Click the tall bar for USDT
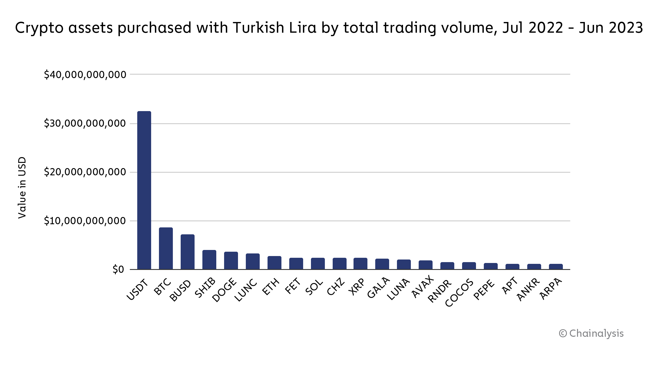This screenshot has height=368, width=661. point(144,190)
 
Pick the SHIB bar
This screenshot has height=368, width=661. point(209,260)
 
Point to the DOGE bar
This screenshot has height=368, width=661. point(231,260)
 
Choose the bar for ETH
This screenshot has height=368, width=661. point(274,263)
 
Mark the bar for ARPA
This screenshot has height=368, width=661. point(556,266)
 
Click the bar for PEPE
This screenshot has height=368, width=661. point(490,266)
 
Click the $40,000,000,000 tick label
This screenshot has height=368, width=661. point(85,75)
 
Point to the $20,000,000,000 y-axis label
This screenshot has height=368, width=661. point(85,172)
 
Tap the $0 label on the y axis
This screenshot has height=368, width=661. point(118,270)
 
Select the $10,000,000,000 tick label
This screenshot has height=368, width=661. point(85,221)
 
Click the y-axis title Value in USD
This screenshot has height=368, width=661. point(22,188)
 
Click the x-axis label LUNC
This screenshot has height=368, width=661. point(246,290)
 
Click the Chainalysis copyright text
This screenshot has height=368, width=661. point(591,334)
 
